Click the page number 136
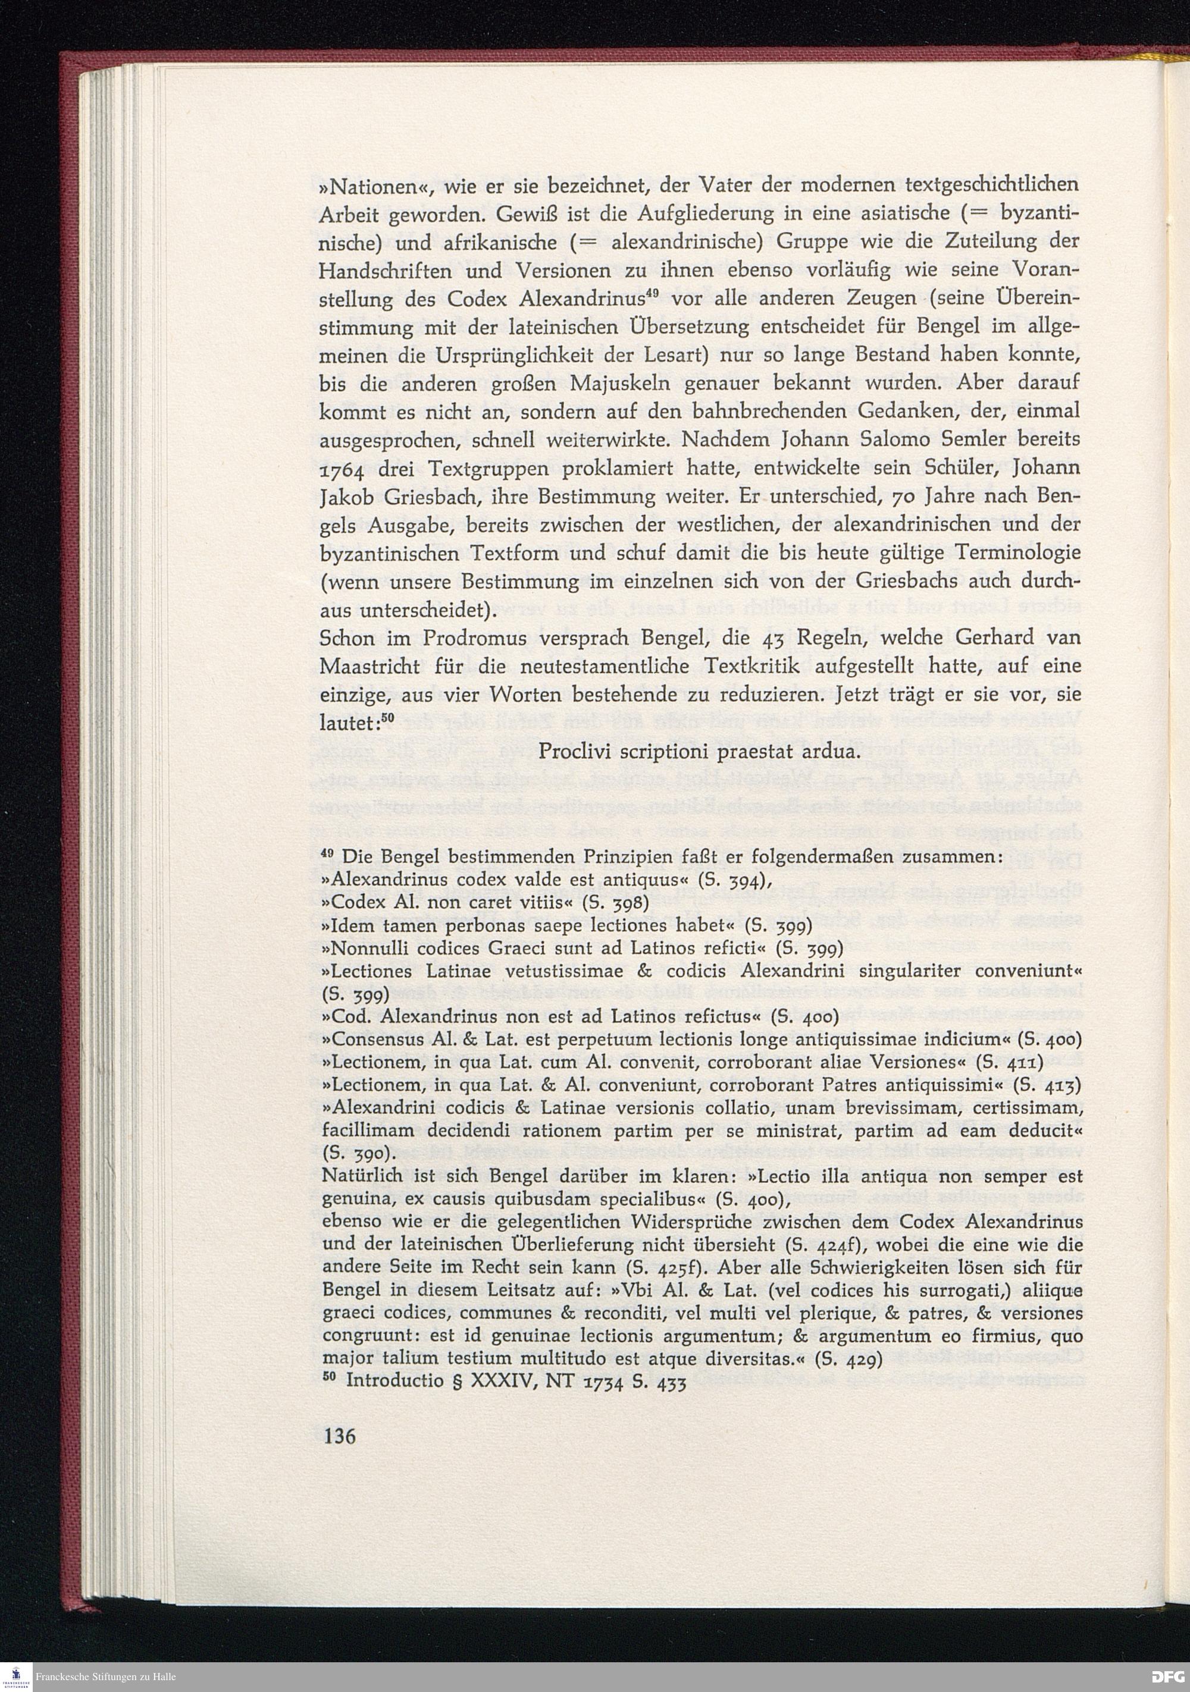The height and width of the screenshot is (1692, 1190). [x=339, y=1436]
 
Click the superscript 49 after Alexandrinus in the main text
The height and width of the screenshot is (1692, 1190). [x=650, y=296]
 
